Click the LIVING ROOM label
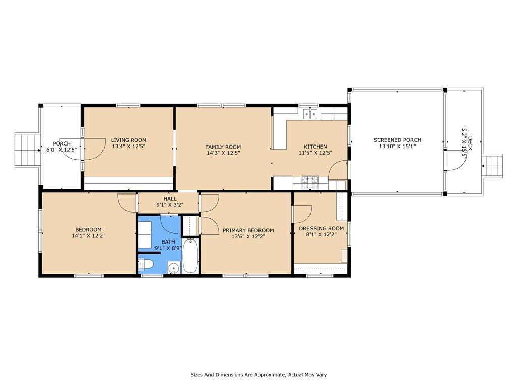tap(129, 140)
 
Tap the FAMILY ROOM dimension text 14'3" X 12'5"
tap(223, 153)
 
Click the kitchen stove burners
tap(309, 179)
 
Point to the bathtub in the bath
tap(190, 256)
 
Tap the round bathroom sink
tap(173, 268)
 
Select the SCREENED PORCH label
tap(397, 140)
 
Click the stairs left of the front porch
tap(23, 150)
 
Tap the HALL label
tap(170, 199)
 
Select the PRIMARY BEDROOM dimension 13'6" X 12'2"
tap(248, 236)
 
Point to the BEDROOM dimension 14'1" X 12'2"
tap(88, 235)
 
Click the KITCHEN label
tap(315, 147)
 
